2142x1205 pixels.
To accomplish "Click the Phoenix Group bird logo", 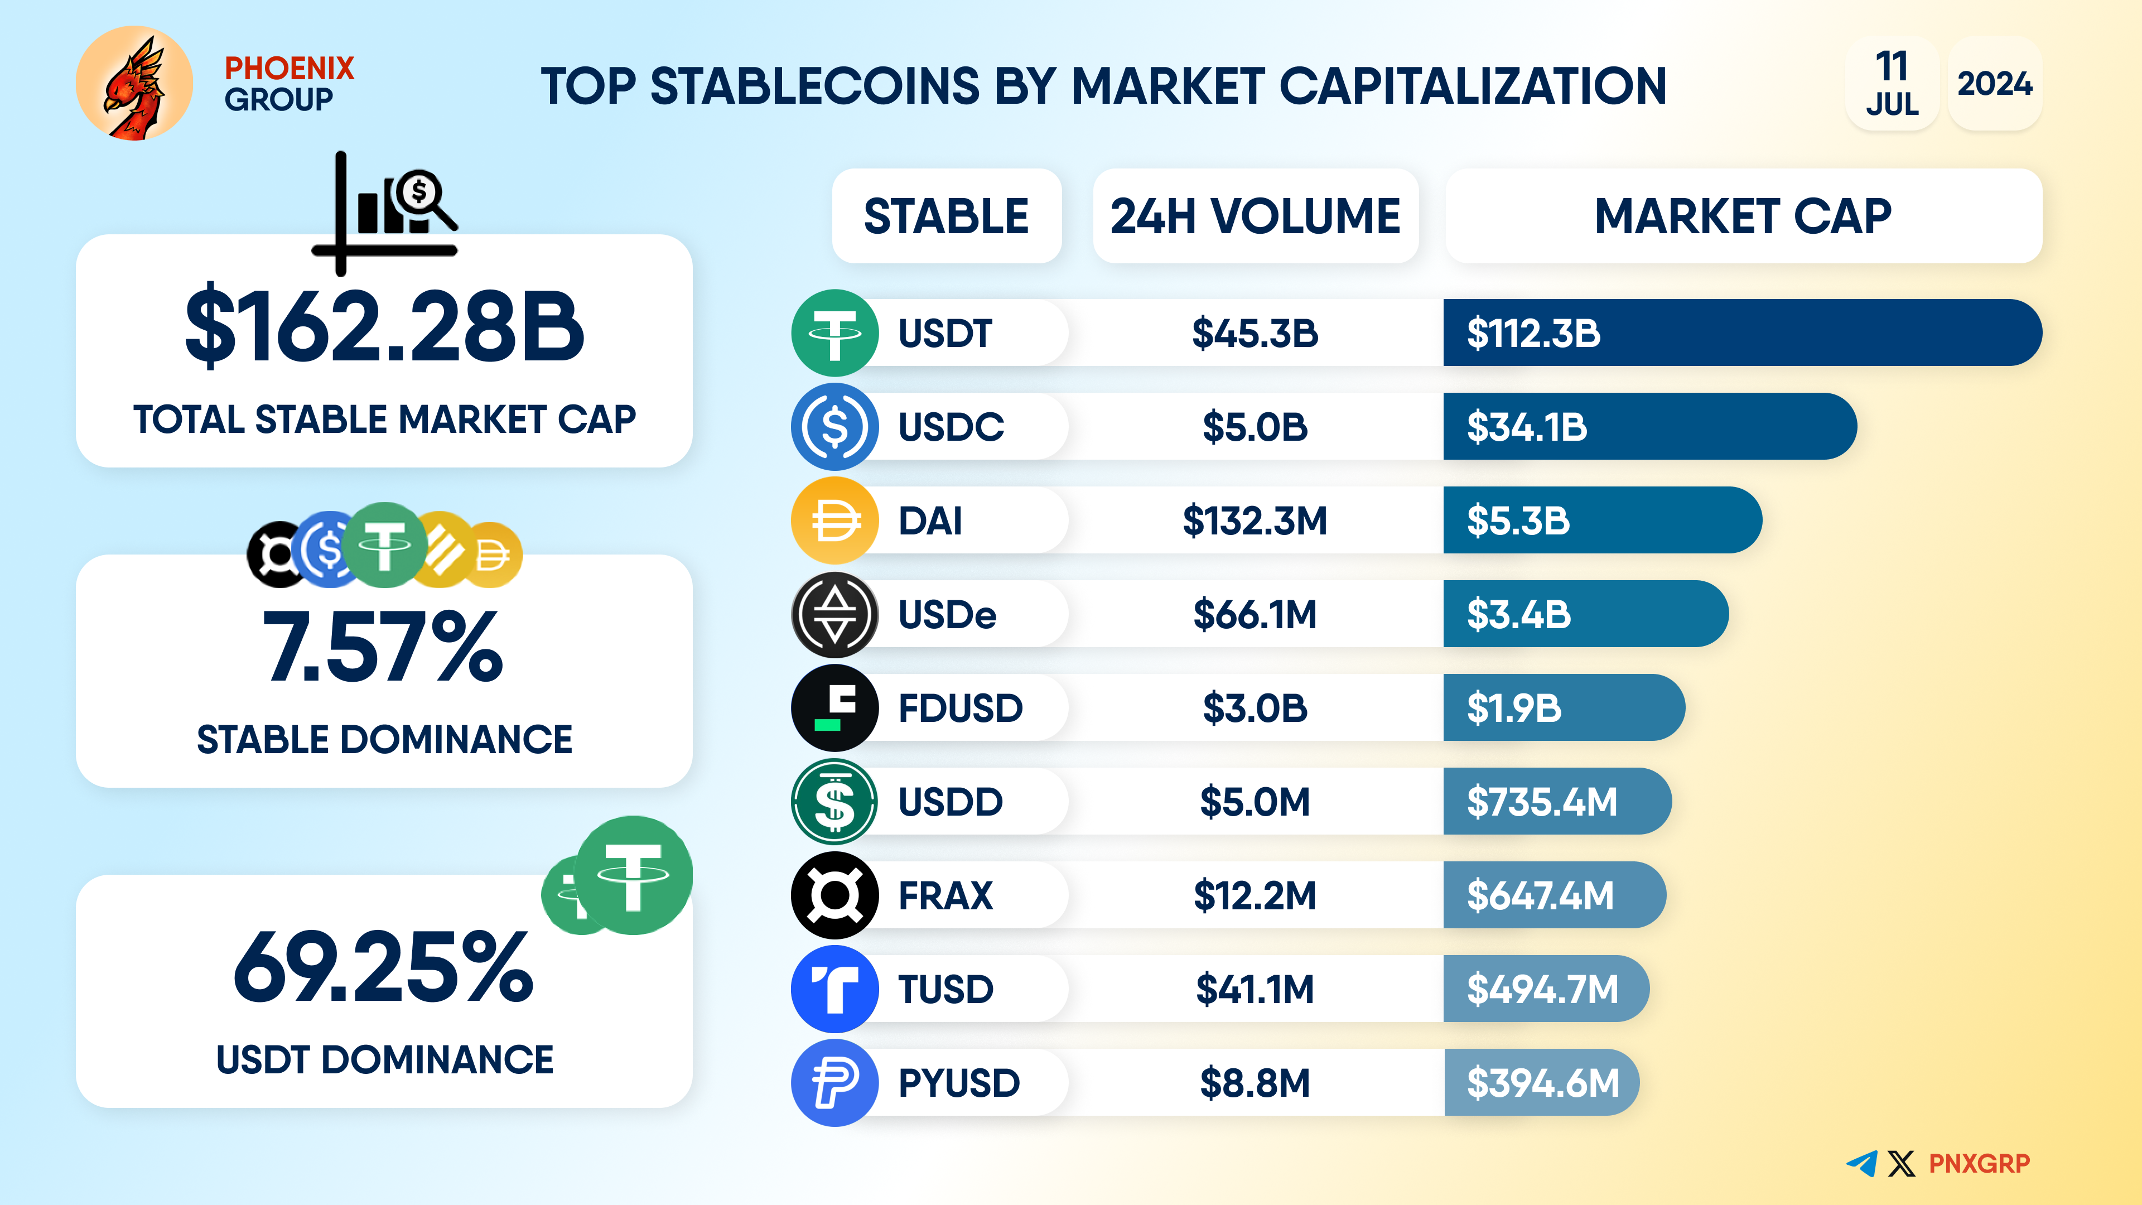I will click(134, 83).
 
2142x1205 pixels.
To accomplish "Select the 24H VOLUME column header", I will click(1255, 216).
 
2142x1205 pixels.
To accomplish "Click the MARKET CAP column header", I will click(1743, 216).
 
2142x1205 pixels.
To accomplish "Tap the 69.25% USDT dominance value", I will click(383, 967).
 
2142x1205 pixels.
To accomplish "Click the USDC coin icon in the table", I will click(834, 427).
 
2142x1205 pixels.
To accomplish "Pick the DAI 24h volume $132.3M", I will click(1255, 520).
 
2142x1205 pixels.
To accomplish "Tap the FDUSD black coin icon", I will click(834, 708).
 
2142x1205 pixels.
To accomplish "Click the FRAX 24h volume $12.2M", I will click(1255, 895).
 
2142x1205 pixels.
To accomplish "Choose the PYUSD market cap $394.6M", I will click(1542, 1083).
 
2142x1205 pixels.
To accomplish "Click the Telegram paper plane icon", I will click(1862, 1163).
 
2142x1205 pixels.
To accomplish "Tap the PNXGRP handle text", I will click(1979, 1163).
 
